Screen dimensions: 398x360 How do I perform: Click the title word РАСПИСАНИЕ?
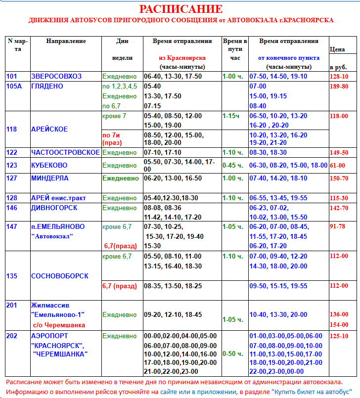[x=180, y=9]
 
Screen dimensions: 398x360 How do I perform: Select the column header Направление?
[x=66, y=41]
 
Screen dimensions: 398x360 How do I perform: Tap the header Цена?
[x=337, y=49]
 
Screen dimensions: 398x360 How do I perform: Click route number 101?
[x=12, y=77]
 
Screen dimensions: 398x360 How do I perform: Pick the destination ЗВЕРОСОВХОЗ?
[x=56, y=77]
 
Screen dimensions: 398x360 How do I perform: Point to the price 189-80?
[x=339, y=87]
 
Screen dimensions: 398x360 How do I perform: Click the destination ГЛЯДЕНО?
[x=47, y=87]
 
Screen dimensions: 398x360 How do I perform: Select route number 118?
[x=12, y=129]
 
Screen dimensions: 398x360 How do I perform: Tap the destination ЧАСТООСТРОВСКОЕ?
[x=65, y=153]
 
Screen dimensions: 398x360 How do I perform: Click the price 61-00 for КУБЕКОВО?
[x=338, y=166]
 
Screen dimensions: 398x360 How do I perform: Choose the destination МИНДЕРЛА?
[x=50, y=178]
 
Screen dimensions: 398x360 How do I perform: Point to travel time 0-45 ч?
[x=232, y=166]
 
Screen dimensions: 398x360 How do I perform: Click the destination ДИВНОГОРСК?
[x=54, y=208]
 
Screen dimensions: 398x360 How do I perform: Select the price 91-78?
[x=338, y=227]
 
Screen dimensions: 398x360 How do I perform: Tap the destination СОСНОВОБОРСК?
[x=60, y=276]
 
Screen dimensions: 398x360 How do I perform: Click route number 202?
[x=12, y=336]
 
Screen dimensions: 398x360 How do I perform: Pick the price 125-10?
[x=339, y=336]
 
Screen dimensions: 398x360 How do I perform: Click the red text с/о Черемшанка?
[x=59, y=325]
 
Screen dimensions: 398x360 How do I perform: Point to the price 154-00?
[x=339, y=325]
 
